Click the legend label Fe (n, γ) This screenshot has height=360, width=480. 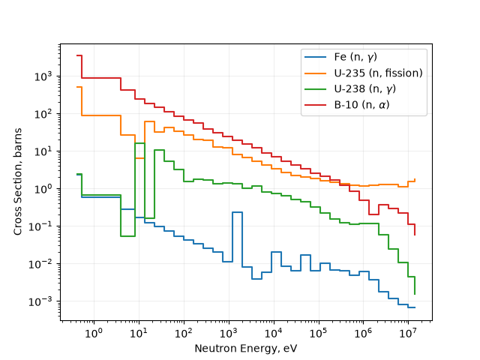point(355,57)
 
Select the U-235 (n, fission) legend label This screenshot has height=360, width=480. point(378,73)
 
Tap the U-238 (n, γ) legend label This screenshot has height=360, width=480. point(365,89)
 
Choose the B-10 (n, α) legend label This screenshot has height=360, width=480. point(361,105)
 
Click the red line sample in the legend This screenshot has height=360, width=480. point(315,105)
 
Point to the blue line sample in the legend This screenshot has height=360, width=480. point(315,57)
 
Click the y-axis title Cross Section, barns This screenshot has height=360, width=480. point(18,181)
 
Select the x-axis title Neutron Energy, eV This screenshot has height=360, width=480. point(246,348)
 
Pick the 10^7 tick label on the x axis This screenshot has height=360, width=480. point(408,333)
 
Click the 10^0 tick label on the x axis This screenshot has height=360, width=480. point(94,333)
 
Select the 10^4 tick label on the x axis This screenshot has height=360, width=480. point(274,333)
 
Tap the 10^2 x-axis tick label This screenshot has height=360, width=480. point(184,333)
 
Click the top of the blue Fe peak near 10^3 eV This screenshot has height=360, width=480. point(237,212)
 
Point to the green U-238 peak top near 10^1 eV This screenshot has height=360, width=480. point(140,143)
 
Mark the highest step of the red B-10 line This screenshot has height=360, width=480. point(79,55)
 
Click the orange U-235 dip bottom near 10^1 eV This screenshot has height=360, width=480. point(139,158)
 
